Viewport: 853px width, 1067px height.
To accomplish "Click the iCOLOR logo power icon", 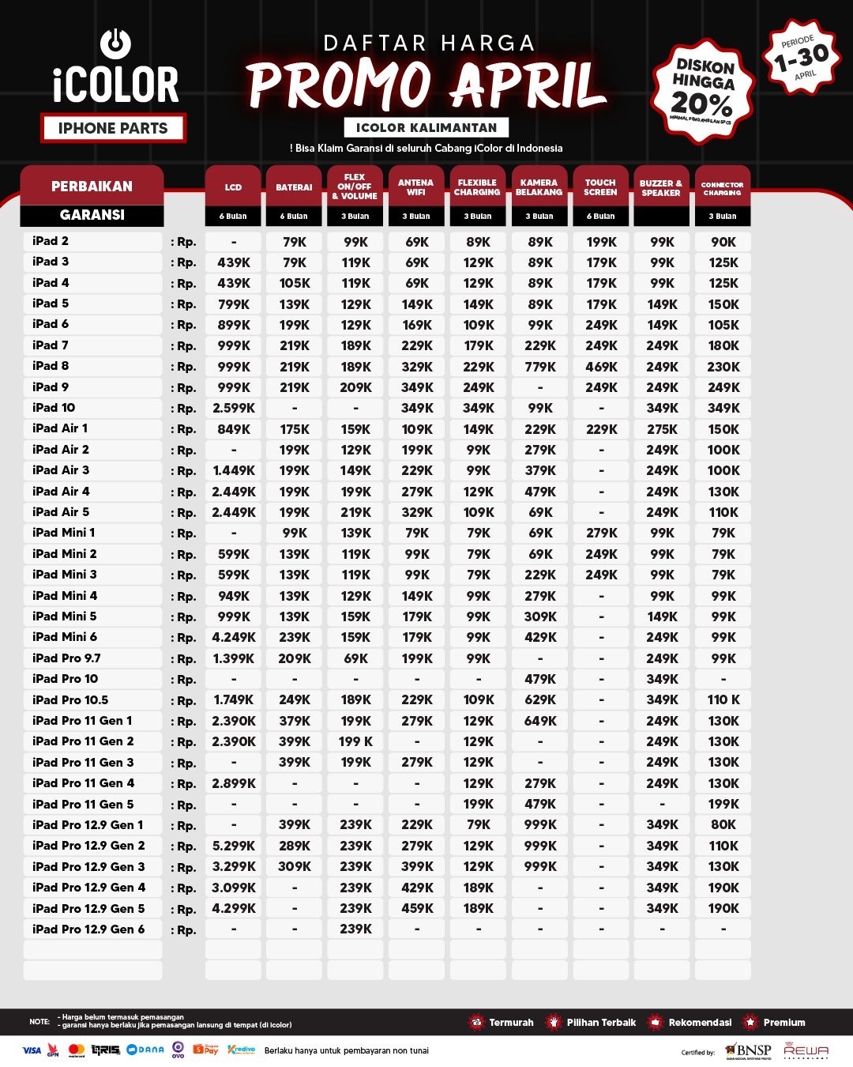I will coord(116,44).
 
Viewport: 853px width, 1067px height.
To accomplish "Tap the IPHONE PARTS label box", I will coord(113,128).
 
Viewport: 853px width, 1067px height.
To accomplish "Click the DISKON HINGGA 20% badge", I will coord(702,91).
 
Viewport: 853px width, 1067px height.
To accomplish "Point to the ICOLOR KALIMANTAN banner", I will coord(426,127).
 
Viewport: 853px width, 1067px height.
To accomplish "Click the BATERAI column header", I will coord(294,187).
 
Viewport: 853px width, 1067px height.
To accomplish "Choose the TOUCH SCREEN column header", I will coord(600,187).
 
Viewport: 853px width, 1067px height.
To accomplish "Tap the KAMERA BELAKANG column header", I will coord(539,187).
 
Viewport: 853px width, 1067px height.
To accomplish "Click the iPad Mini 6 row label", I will coord(65,637).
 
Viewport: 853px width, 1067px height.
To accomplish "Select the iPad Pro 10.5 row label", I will coord(70,699).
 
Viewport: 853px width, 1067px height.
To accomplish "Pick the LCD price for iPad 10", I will coord(234,408).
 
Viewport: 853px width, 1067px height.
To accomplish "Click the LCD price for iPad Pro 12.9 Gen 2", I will coord(234,846).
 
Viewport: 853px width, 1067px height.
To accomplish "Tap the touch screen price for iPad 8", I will coord(601,367).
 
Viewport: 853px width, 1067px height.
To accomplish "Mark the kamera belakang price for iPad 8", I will coord(540,367).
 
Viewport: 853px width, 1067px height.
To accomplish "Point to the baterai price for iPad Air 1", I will coord(295,429).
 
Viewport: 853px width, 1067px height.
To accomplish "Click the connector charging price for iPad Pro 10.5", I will coord(723,699).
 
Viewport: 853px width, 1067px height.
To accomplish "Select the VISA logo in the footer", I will coord(32,1050).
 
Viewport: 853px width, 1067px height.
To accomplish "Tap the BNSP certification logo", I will coord(746,1050).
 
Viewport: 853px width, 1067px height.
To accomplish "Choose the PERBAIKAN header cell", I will coord(92,187).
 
